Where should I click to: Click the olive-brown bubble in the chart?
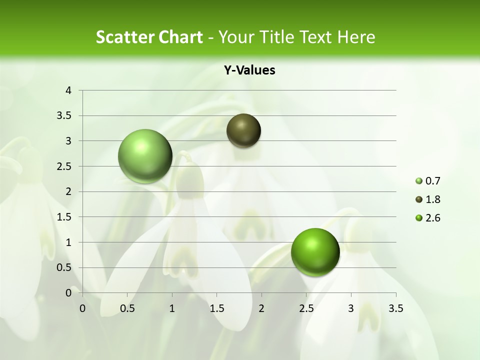[243, 131]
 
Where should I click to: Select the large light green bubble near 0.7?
[145, 156]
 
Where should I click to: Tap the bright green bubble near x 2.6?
[315, 252]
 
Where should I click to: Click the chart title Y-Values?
[249, 70]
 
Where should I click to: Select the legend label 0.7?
[432, 181]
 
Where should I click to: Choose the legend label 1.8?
[432, 199]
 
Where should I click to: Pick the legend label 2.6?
[432, 218]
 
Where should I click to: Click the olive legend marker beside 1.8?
[419, 199]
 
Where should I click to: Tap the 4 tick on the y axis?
[68, 90]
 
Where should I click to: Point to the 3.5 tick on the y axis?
[64, 116]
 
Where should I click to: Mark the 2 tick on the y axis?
[68, 191]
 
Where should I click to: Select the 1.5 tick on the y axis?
[64, 217]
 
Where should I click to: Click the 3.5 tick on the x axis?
[395, 308]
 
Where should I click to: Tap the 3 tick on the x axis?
[351, 308]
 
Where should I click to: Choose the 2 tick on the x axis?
[261, 308]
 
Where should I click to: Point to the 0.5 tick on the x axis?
[127, 308]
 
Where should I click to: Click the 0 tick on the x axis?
[82, 308]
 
